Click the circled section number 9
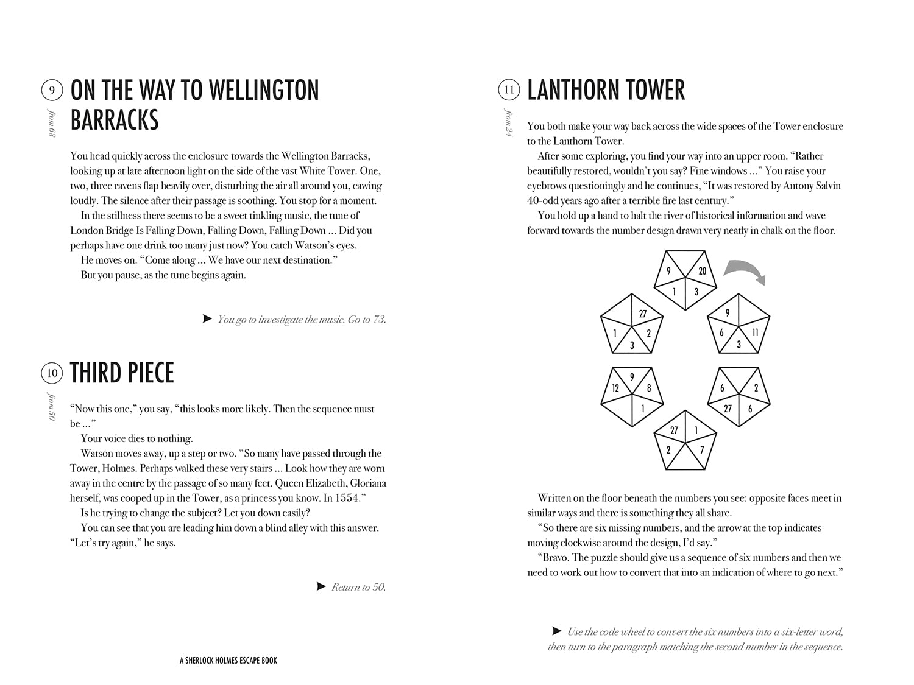point(52,91)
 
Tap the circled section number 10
point(52,373)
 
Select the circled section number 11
point(509,90)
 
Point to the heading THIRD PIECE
point(122,373)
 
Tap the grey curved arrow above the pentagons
point(745,271)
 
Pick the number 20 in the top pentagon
point(702,271)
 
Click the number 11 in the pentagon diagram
point(755,332)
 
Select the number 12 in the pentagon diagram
point(615,388)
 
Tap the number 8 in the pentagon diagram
point(649,388)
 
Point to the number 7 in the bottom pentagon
point(702,450)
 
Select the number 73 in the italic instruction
point(378,320)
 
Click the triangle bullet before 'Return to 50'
point(321,586)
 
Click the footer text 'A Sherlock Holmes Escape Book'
point(228,661)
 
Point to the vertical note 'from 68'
point(52,124)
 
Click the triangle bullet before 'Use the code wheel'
point(556,631)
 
